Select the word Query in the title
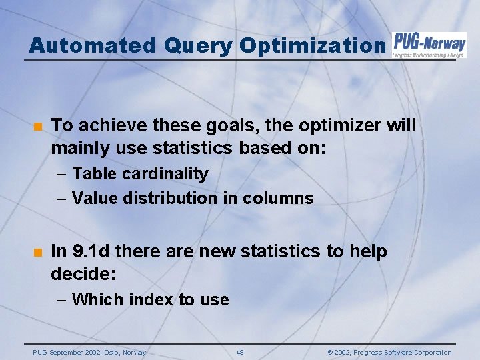(x=195, y=45)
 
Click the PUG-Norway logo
(x=429, y=44)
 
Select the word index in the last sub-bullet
(x=151, y=299)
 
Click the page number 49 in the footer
(x=240, y=353)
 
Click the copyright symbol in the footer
(x=331, y=353)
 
